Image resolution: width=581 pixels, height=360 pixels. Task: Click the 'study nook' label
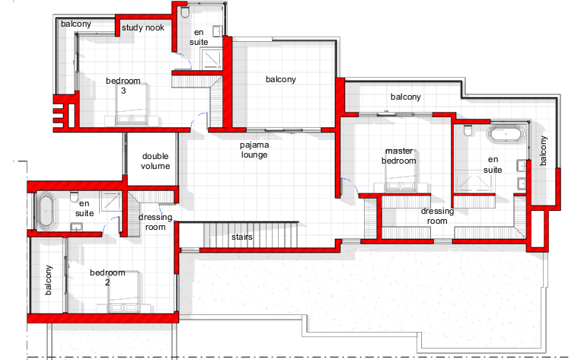[x=142, y=27]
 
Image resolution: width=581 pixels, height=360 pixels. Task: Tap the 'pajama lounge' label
[x=254, y=150]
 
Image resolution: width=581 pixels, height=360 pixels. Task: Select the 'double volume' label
[x=155, y=161]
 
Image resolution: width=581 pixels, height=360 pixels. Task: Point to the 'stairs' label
[x=242, y=237]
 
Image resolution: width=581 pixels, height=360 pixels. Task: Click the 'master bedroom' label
[x=399, y=156]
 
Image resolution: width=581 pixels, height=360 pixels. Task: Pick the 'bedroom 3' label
[x=123, y=85]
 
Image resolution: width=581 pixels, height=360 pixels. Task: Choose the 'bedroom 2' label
[x=107, y=277]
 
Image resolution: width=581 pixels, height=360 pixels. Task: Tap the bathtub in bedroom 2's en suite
[x=46, y=210]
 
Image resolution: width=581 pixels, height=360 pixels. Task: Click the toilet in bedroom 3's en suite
[x=185, y=11]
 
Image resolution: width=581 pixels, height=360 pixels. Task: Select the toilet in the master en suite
[x=468, y=130]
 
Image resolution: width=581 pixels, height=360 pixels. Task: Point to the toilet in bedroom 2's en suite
[x=74, y=197]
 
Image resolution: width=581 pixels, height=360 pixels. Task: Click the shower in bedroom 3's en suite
[x=212, y=59]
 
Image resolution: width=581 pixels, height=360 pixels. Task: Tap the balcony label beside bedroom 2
[x=48, y=280]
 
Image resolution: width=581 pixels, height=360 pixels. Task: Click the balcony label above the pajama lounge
[x=281, y=79]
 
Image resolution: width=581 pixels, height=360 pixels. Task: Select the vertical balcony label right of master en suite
[x=543, y=151]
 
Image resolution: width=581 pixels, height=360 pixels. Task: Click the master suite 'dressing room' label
[x=437, y=216]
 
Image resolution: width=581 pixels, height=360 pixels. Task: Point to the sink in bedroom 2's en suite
[x=76, y=227]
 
